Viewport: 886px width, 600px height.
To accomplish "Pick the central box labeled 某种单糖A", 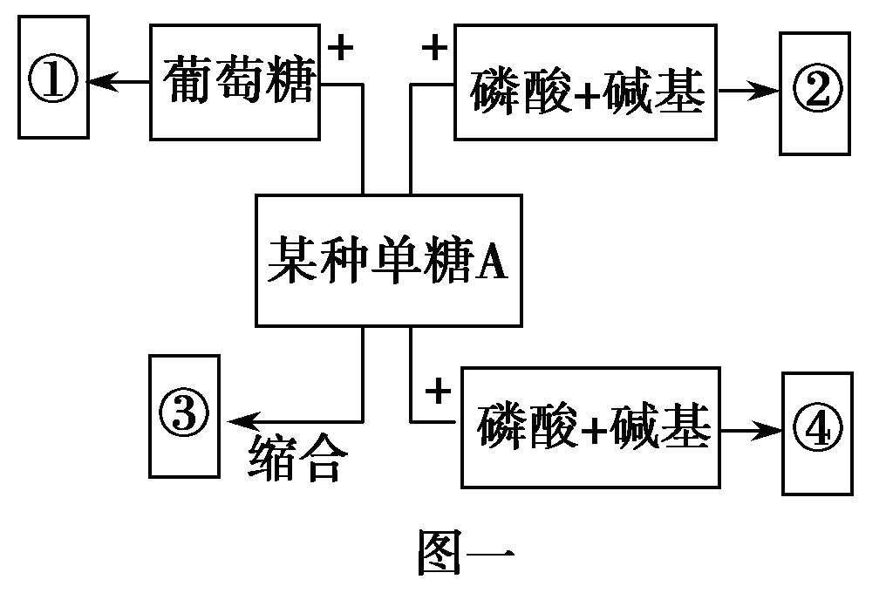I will [388, 260].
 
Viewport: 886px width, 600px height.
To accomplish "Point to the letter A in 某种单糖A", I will [493, 262].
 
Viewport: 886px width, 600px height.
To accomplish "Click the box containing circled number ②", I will [814, 92].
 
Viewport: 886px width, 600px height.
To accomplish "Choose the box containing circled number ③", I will [183, 415].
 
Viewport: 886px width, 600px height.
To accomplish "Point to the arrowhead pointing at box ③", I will [237, 420].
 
